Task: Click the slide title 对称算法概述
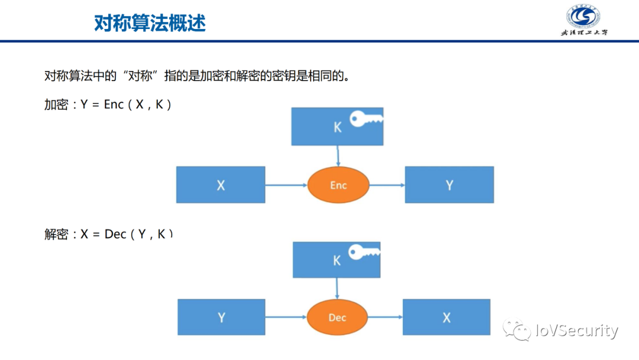tap(150, 23)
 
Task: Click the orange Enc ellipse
tap(338, 185)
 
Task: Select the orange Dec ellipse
tap(337, 318)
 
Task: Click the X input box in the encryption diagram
tap(221, 185)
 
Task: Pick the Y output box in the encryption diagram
tap(449, 185)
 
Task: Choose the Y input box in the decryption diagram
tap(221, 317)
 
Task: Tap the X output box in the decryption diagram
tap(447, 317)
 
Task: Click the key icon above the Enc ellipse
tap(365, 119)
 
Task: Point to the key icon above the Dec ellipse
tap(363, 252)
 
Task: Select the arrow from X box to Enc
tap(286, 185)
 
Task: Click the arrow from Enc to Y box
tap(387, 185)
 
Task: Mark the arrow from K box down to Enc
tap(338, 156)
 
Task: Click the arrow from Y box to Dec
tap(286, 318)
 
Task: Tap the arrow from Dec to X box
tap(385, 318)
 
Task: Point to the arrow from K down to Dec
tap(337, 289)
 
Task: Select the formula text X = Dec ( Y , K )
tap(127, 234)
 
